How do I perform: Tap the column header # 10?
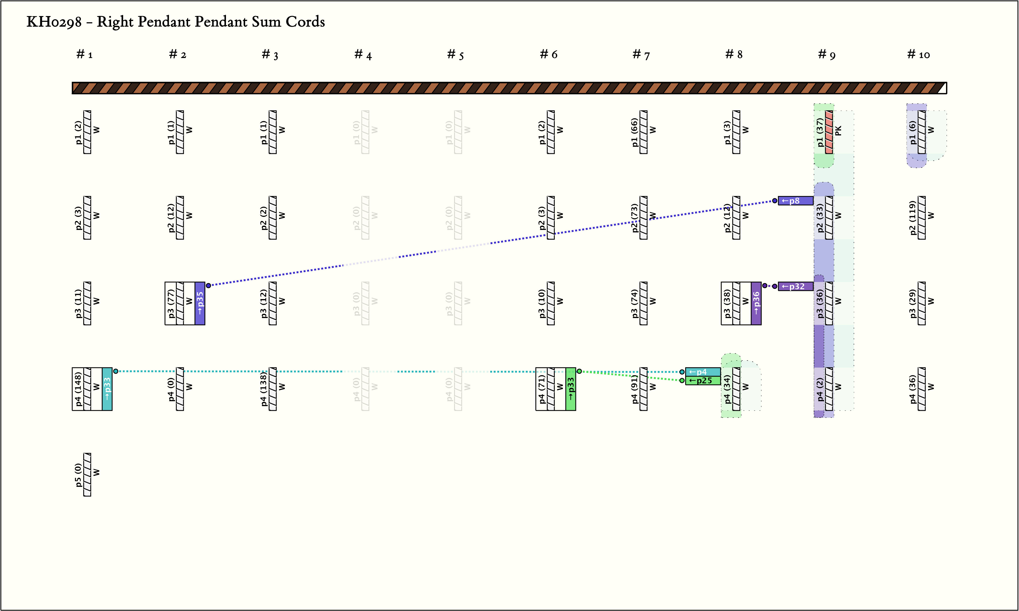point(919,54)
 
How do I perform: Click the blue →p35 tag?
point(200,303)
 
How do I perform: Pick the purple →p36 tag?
point(756,303)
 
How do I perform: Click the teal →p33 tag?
point(107,389)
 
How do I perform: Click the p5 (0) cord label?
point(78,475)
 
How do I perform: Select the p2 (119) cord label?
point(912,218)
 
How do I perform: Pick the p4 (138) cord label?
point(263,389)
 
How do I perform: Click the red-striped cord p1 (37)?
point(829,132)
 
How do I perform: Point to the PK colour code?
point(838,131)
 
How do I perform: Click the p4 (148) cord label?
point(78,389)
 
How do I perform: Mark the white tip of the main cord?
point(942,88)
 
